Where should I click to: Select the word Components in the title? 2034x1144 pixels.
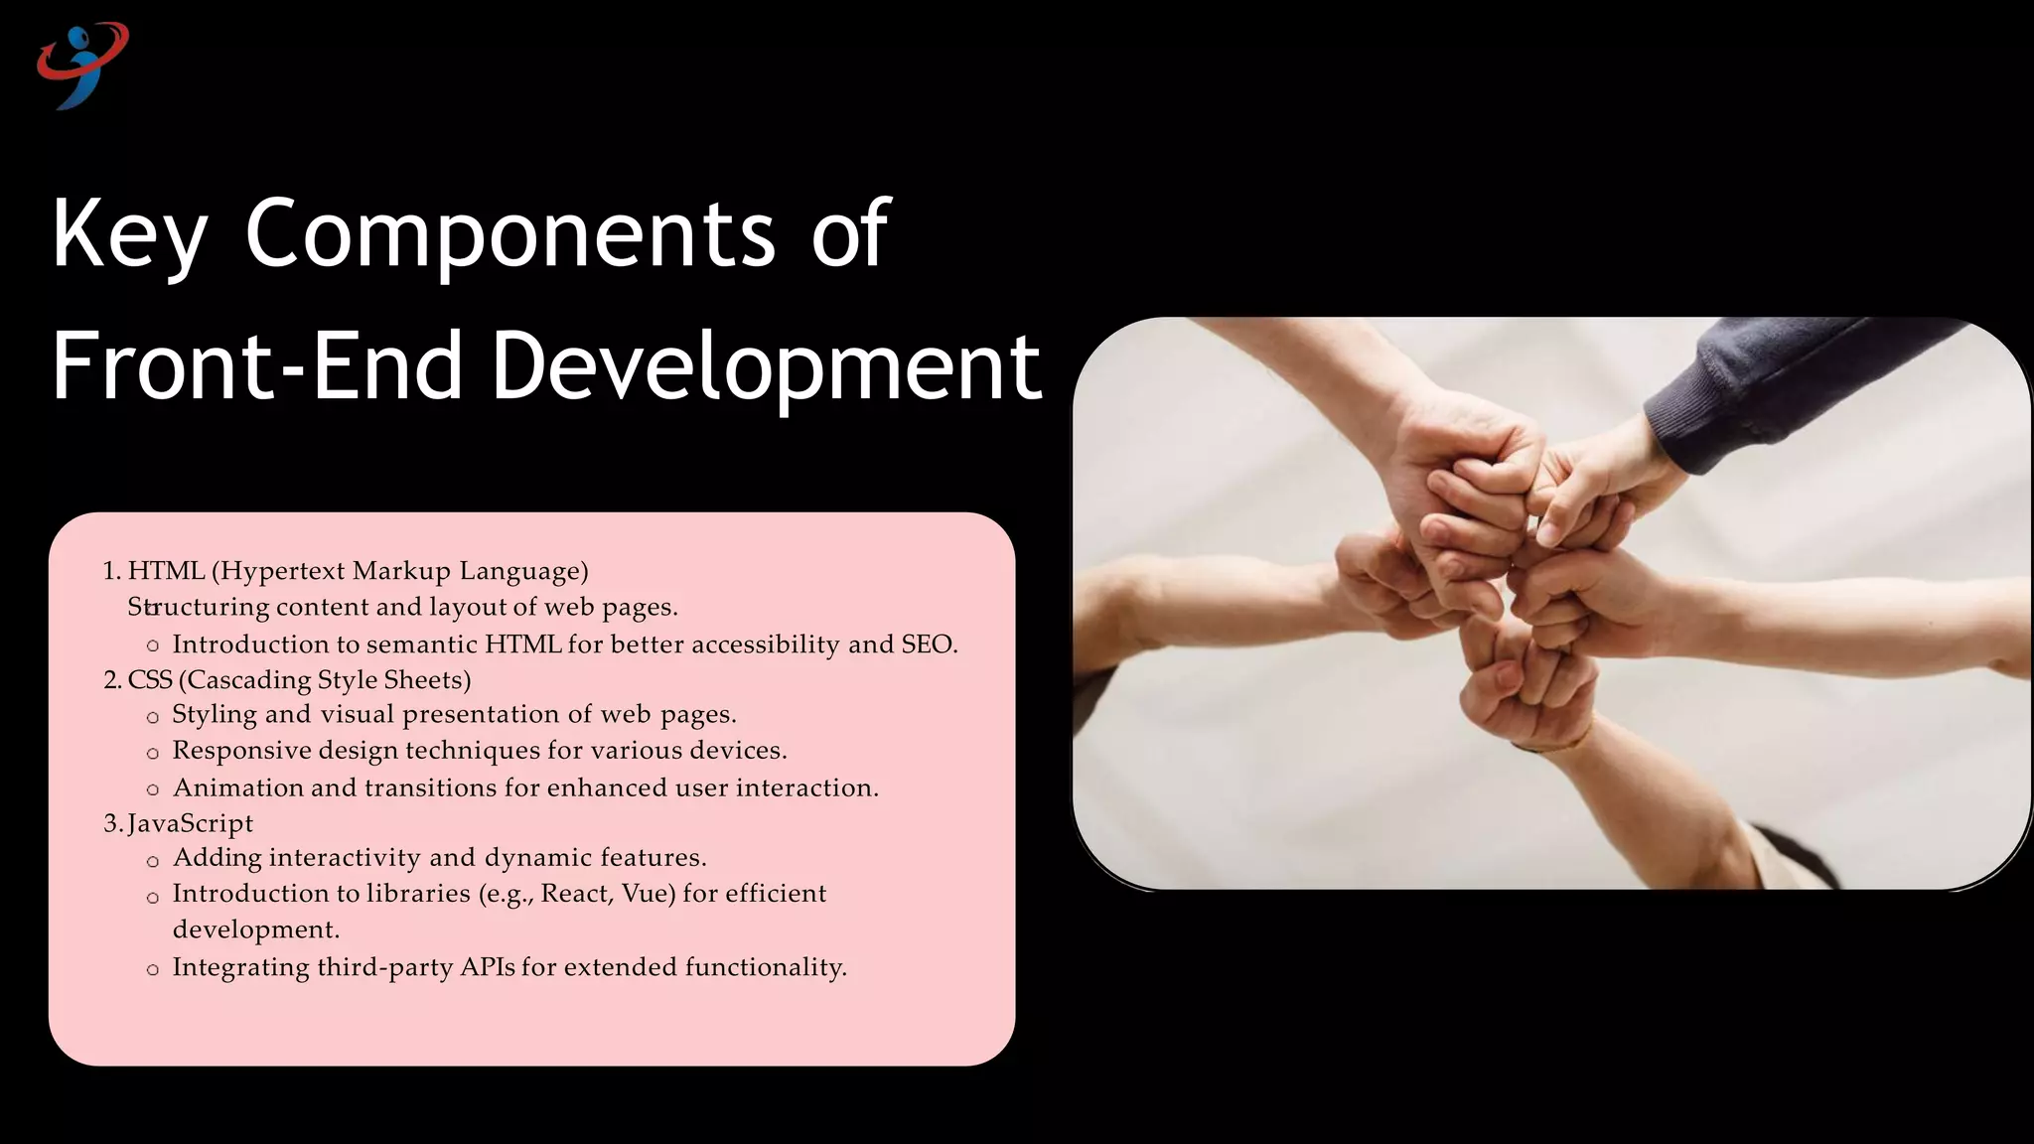click(x=508, y=235)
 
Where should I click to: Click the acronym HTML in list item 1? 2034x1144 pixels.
click(x=166, y=571)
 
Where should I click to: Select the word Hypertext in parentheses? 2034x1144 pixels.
click(x=281, y=572)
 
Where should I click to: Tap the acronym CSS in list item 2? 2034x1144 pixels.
click(x=150, y=680)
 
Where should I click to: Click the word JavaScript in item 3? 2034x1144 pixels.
click(x=191, y=823)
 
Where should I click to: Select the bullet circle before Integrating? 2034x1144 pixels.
click(x=152, y=970)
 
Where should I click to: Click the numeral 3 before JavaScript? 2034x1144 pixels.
click(x=110, y=823)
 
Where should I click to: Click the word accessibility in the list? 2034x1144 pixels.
click(x=765, y=644)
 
